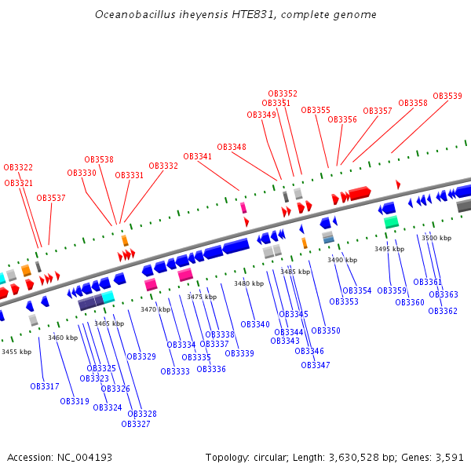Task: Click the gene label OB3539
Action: tap(447, 96)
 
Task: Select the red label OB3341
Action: tap(198, 156)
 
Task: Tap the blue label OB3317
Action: tap(45, 386)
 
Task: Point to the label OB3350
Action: tap(326, 330)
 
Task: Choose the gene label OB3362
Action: tap(443, 311)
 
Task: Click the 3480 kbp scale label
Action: tap(248, 283)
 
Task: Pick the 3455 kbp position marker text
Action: tap(16, 352)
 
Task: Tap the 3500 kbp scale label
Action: tap(436, 237)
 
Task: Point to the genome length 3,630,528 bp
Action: tap(350, 457)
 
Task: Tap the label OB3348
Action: tap(232, 147)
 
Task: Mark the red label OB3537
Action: tap(51, 198)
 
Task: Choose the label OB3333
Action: tap(175, 371)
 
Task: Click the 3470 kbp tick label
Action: tap(155, 309)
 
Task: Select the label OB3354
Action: tap(357, 290)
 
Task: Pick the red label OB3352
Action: tap(283, 93)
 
